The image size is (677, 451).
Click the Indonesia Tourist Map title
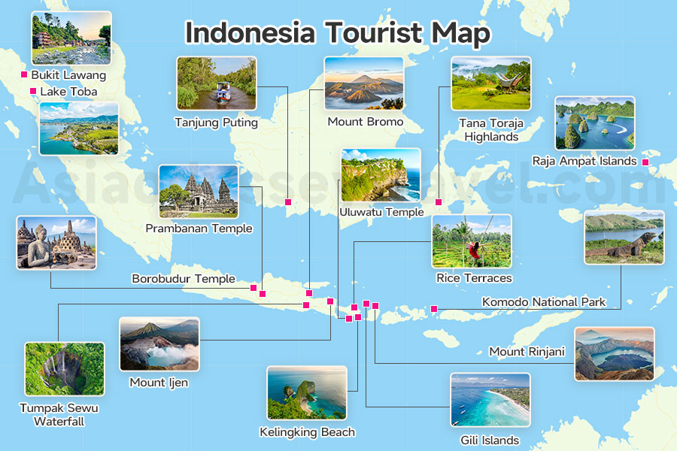(x=338, y=34)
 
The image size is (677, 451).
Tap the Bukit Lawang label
(x=68, y=75)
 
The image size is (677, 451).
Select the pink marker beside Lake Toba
(x=32, y=92)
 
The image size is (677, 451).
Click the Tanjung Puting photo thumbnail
(x=216, y=83)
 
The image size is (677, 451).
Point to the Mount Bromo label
(x=365, y=122)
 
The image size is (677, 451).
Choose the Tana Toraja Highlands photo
(x=491, y=83)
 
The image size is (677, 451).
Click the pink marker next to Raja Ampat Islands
(x=645, y=161)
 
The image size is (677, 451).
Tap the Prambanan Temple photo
(x=199, y=191)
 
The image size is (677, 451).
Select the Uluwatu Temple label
(x=381, y=212)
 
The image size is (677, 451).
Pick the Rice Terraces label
(x=474, y=278)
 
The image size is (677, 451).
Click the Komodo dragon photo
(x=624, y=238)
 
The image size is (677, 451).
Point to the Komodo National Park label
(x=544, y=302)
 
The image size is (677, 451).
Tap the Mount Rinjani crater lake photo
(x=614, y=353)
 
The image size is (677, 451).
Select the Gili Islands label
(x=490, y=440)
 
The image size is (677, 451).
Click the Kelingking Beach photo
(x=306, y=392)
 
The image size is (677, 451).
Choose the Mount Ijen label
(x=159, y=383)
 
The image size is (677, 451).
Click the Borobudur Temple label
(x=184, y=279)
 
